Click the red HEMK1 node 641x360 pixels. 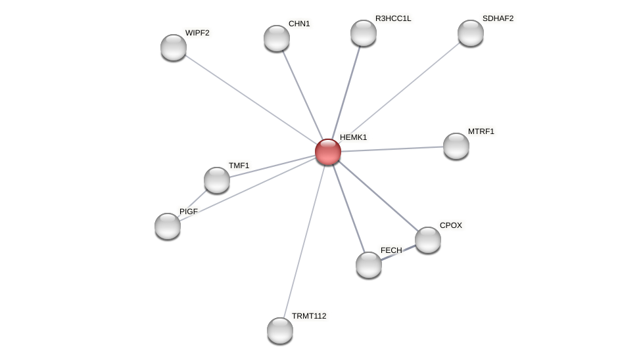(327, 152)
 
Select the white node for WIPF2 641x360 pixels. (174, 47)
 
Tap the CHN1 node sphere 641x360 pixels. (277, 38)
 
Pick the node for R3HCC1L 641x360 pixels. (364, 33)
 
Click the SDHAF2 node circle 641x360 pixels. (471, 33)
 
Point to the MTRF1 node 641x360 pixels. (456, 146)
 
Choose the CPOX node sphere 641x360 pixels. (428, 240)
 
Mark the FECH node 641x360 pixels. (369, 265)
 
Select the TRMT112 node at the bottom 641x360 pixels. (280, 330)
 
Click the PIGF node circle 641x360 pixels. (168, 226)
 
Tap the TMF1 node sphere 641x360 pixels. (217, 180)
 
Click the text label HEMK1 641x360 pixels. (353, 137)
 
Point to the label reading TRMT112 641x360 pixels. (309, 316)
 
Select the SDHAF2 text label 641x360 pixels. (498, 18)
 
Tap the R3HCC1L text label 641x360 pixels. (393, 18)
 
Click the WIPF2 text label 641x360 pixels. (197, 33)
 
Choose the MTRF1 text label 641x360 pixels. (481, 131)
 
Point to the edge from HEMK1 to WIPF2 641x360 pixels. (250, 99)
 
